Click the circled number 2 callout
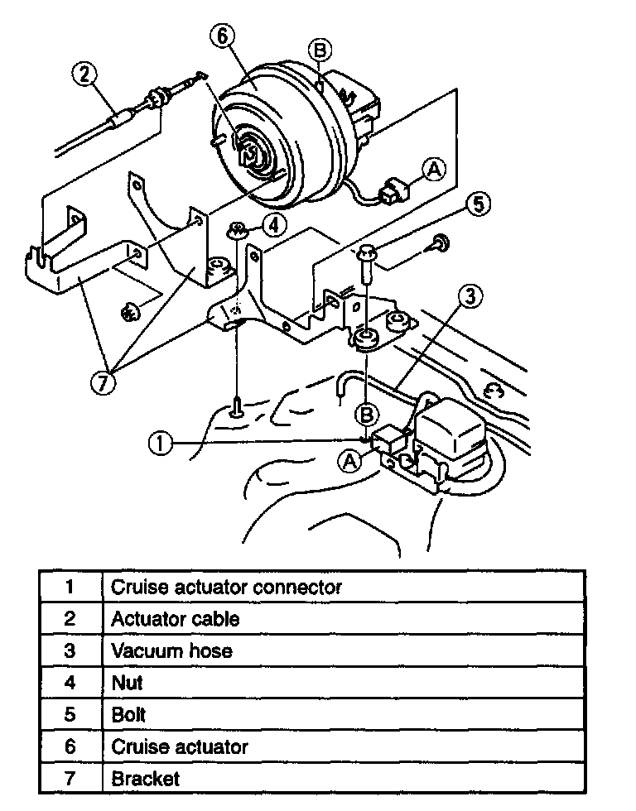84,75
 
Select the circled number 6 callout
225,36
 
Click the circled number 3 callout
470,296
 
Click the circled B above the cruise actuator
322,50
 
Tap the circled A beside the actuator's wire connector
433,169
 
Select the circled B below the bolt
368,413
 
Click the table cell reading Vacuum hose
171,650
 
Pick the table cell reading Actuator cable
176,618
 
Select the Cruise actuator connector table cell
226,587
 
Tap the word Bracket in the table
145,778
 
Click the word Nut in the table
127,683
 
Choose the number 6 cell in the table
70,746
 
